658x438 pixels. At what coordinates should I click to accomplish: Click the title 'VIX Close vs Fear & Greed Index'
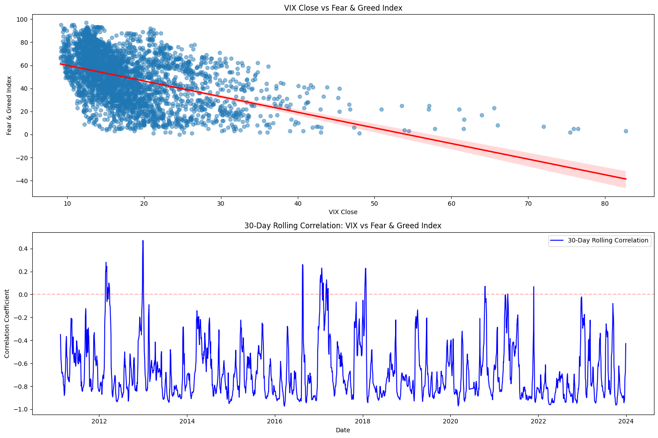pyautogui.click(x=342, y=8)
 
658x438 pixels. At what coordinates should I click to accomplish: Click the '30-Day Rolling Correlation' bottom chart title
pyautogui.click(x=342, y=226)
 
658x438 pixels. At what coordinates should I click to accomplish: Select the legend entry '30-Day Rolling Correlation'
pyautogui.click(x=608, y=241)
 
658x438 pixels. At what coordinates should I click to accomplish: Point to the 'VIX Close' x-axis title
pyautogui.click(x=342, y=212)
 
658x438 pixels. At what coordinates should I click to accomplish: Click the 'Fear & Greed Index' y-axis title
pyautogui.click(x=9, y=105)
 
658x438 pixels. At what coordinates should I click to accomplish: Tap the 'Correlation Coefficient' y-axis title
pyautogui.click(x=7, y=323)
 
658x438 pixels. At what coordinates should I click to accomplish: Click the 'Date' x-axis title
pyautogui.click(x=342, y=430)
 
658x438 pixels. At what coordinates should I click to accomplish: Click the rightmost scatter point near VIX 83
pyautogui.click(x=626, y=131)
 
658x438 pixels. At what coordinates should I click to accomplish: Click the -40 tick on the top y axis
pyautogui.click(x=21, y=181)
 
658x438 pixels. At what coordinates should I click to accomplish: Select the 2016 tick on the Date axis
pyautogui.click(x=274, y=421)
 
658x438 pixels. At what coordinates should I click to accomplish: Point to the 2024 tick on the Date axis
pyautogui.click(x=626, y=421)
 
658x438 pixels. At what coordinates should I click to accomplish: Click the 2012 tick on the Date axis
pyautogui.click(x=99, y=421)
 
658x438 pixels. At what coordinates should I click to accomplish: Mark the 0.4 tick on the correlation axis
pyautogui.click(x=23, y=249)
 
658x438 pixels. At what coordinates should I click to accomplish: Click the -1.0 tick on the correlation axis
pyautogui.click(x=21, y=409)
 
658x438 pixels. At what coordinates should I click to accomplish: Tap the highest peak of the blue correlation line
pyautogui.click(x=143, y=241)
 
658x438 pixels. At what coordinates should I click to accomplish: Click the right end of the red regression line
pyautogui.click(x=626, y=179)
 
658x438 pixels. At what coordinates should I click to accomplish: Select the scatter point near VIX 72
pyautogui.click(x=544, y=127)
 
